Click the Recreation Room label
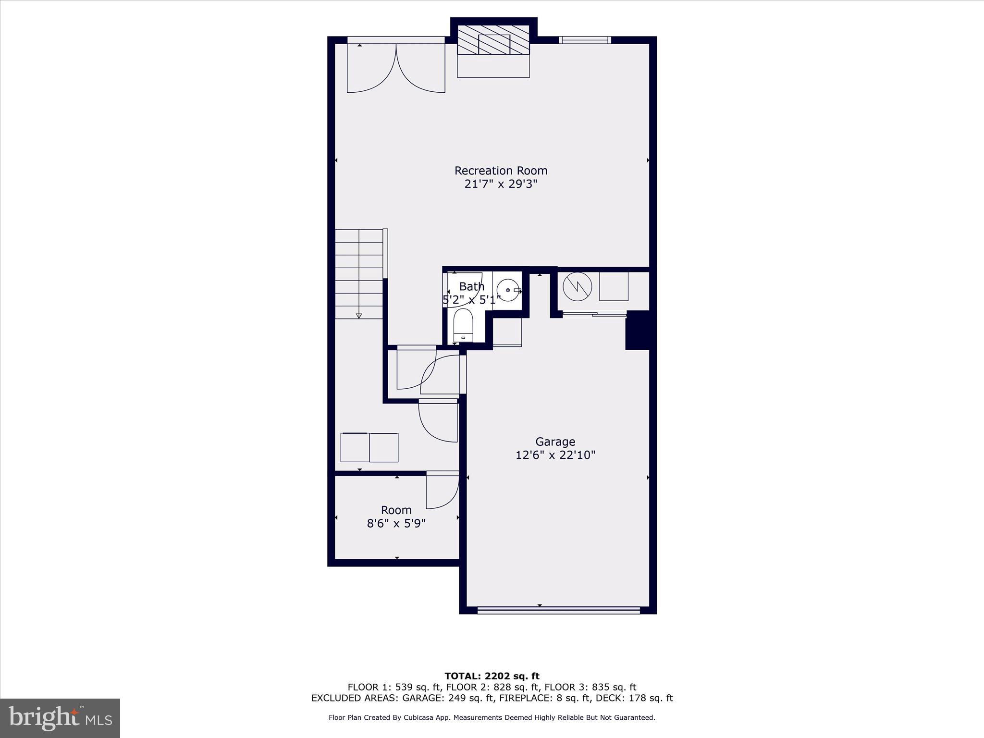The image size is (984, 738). (x=501, y=171)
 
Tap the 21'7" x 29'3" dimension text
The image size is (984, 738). (x=501, y=184)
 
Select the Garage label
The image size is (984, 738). (x=555, y=442)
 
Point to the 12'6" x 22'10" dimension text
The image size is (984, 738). (x=555, y=455)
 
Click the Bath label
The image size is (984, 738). (x=471, y=287)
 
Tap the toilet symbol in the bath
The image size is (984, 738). (x=463, y=325)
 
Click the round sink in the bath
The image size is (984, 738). (x=508, y=290)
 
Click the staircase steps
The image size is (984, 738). (x=359, y=274)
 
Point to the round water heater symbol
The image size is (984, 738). (x=577, y=287)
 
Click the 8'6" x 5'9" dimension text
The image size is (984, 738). (x=396, y=523)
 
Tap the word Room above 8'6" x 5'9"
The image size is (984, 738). (x=396, y=510)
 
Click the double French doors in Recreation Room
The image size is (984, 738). (x=396, y=67)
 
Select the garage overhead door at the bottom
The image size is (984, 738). (x=558, y=610)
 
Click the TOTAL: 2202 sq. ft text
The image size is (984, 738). (x=492, y=676)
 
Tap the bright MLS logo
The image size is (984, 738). (x=60, y=718)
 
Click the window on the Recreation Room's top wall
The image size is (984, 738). (x=585, y=40)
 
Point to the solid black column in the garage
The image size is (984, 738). (x=637, y=330)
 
